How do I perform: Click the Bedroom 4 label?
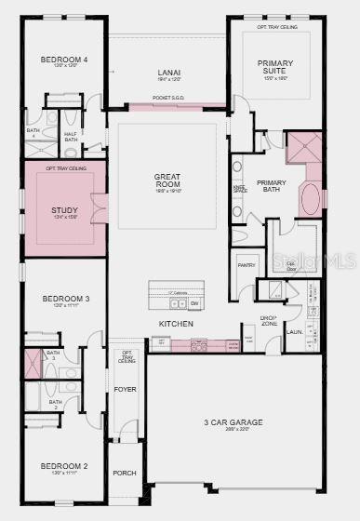(x=64, y=60)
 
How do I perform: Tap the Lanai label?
(x=168, y=73)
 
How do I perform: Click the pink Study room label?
(x=64, y=210)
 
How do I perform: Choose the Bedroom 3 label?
(x=65, y=299)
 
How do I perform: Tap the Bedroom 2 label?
(x=64, y=465)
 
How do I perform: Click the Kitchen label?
(x=175, y=323)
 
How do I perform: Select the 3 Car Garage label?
(x=233, y=422)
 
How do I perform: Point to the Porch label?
(x=124, y=473)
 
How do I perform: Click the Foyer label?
(x=124, y=389)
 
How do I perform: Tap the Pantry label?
(x=247, y=265)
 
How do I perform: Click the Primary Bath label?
(x=272, y=185)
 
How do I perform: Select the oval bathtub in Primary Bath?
(x=311, y=199)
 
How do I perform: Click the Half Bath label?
(x=71, y=136)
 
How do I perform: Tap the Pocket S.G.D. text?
(x=170, y=96)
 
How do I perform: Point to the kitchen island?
(x=176, y=296)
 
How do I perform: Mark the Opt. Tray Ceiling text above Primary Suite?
(x=277, y=28)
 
